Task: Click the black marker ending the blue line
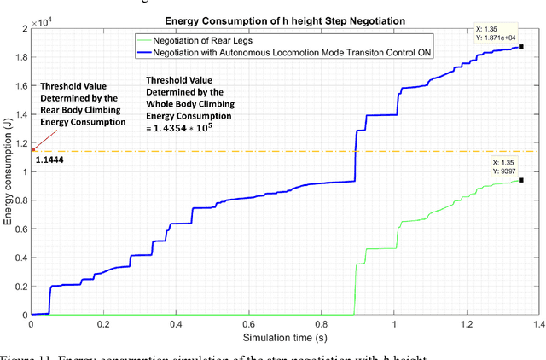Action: coord(520,48)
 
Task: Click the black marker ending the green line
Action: coord(520,180)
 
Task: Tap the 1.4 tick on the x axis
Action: coord(538,325)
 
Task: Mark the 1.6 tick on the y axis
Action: coord(20,86)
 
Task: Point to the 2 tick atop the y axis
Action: coord(23,29)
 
